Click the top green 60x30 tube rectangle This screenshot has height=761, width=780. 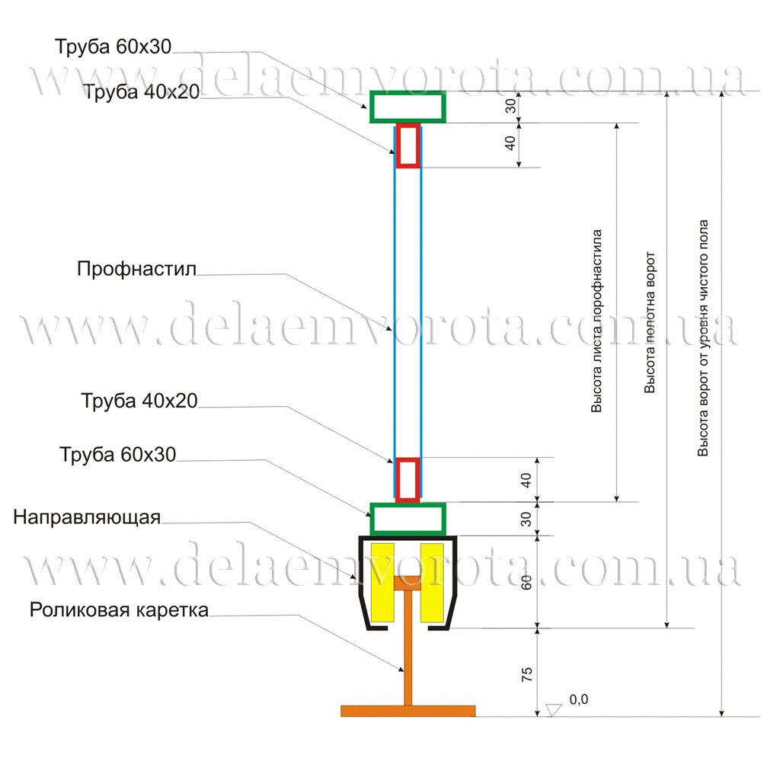(x=408, y=107)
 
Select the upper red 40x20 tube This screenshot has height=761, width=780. (x=408, y=145)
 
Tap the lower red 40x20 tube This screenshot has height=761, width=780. (x=408, y=479)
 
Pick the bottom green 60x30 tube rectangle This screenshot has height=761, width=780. (x=408, y=519)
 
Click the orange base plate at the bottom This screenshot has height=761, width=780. (x=408, y=711)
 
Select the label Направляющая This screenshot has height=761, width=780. (x=87, y=518)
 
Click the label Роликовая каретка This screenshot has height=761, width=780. (x=119, y=610)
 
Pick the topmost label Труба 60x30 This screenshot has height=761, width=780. (x=113, y=46)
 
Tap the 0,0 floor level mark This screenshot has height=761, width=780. (x=579, y=699)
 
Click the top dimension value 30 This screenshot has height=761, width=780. (x=512, y=107)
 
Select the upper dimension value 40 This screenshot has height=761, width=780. (x=512, y=145)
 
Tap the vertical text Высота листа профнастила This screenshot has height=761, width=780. (x=597, y=320)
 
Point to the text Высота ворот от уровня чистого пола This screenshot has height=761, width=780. (x=704, y=338)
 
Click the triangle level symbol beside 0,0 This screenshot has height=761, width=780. (x=554, y=709)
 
